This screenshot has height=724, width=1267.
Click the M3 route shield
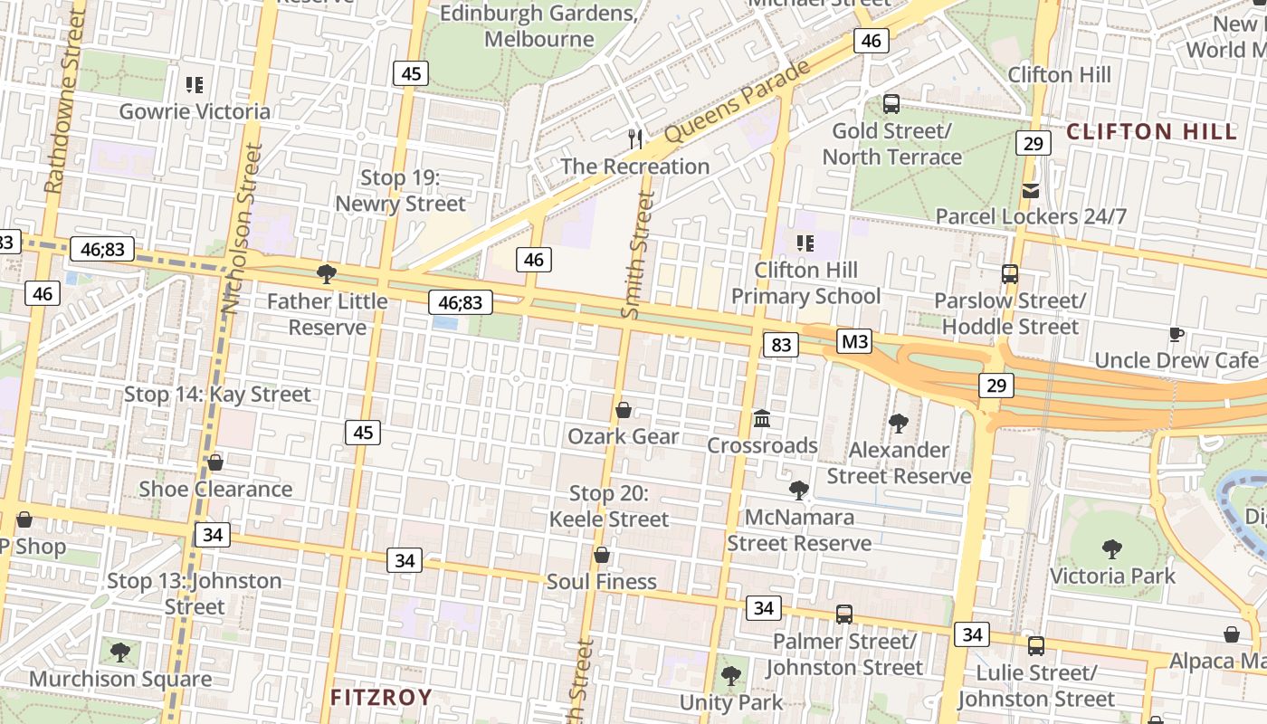point(854,341)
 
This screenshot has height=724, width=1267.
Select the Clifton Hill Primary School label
point(805,283)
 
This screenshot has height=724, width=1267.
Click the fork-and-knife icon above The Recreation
point(635,138)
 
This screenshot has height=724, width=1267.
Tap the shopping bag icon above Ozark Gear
point(624,411)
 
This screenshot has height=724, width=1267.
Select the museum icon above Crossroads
point(762,419)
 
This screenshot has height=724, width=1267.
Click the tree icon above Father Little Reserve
point(327,274)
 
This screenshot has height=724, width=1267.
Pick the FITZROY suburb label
point(381,697)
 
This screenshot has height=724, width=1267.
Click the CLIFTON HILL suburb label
point(1151,132)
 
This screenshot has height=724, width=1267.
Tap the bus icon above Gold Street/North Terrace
point(891,103)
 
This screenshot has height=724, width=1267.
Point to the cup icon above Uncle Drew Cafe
point(1176,334)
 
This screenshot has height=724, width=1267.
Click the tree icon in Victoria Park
point(1112,548)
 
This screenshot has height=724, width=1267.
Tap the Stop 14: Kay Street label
point(217,395)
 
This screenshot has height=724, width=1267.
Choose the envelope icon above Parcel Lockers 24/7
point(1031,190)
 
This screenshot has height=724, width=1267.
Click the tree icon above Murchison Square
point(119,652)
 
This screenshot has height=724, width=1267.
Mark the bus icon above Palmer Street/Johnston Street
point(844,614)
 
